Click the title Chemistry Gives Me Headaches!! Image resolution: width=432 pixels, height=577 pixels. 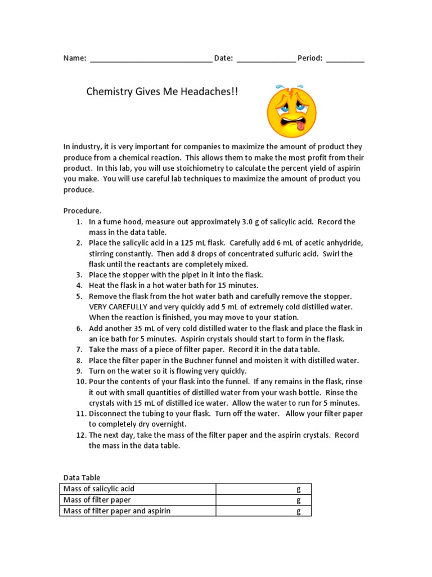[162, 91]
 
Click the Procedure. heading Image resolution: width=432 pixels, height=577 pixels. [82, 211]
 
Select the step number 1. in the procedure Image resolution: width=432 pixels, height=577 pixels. [79, 221]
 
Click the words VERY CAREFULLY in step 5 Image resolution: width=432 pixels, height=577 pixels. [117, 307]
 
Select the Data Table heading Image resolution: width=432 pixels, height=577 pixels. [82, 478]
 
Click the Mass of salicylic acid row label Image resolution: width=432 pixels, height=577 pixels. [99, 489]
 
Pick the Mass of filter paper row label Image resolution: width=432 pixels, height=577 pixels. [97, 500]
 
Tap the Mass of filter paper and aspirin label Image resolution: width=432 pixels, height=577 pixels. [117, 511]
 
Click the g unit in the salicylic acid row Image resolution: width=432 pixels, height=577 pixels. [299, 489]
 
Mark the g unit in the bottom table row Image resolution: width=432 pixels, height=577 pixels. [299, 511]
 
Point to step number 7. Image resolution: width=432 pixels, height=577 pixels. [79, 349]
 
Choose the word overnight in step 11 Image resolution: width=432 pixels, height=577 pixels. [168, 424]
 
